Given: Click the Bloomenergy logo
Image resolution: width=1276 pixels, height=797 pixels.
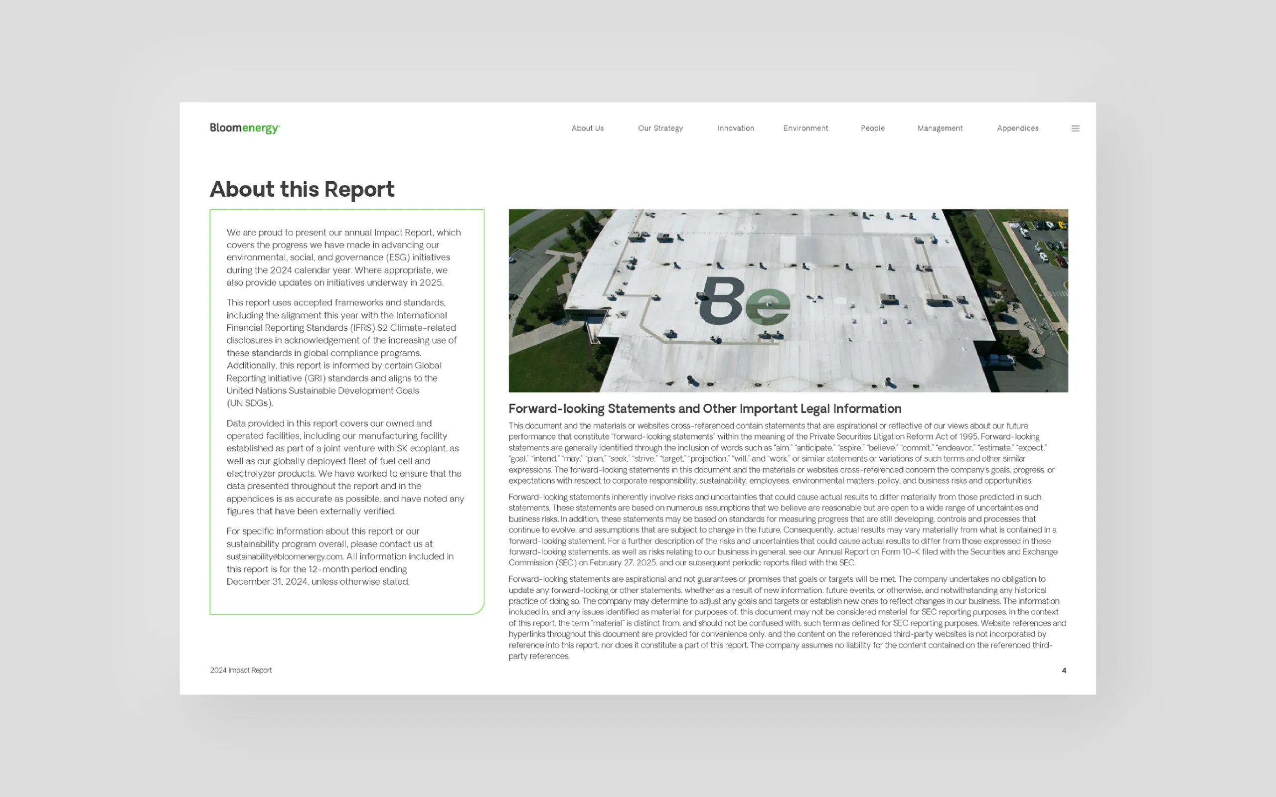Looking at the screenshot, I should point(245,128).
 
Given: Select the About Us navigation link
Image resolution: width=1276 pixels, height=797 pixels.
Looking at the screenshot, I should point(587,128).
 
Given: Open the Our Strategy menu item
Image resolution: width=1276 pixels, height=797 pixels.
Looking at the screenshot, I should point(660,128).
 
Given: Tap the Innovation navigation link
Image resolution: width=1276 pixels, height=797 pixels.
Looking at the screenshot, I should point(736,128).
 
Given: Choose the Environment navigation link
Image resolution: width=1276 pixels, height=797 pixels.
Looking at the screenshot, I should point(805,128).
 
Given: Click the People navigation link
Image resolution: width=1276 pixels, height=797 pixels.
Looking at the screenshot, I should point(873,128).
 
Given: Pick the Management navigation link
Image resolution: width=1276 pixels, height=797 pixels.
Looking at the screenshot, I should point(940,128).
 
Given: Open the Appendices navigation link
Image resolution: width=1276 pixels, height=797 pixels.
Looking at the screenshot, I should point(1018,128).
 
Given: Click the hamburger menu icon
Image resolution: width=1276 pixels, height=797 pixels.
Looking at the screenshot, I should point(1075,128).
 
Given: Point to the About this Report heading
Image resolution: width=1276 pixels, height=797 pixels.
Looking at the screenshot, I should point(302,189).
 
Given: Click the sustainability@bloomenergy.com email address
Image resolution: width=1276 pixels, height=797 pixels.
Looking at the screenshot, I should point(285,556).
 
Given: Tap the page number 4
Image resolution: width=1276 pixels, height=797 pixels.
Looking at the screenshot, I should point(1064,670).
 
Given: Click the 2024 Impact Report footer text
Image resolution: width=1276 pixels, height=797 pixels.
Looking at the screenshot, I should point(241,670).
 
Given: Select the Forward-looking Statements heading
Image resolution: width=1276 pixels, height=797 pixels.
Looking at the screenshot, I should point(704,408).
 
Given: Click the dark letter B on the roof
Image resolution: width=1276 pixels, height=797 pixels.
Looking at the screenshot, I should point(721,300).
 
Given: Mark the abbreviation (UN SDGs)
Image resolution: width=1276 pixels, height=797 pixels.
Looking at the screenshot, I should point(250,403).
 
